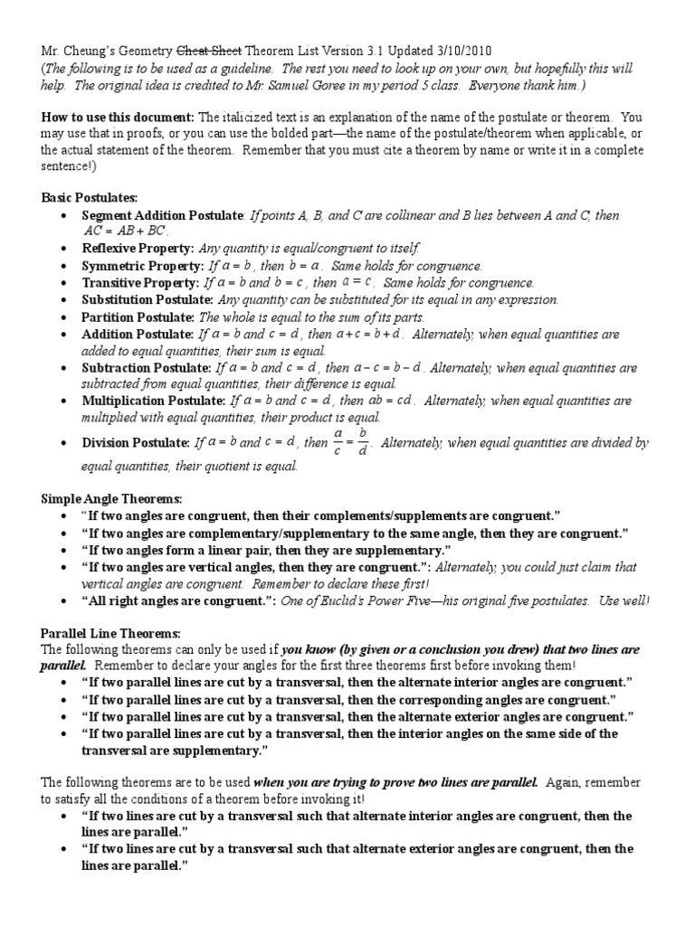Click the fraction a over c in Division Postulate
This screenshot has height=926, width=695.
(x=337, y=443)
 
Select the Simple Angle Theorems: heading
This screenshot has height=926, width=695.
(x=112, y=498)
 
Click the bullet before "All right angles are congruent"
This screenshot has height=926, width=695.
(x=62, y=601)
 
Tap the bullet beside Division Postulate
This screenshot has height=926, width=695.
(x=62, y=444)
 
